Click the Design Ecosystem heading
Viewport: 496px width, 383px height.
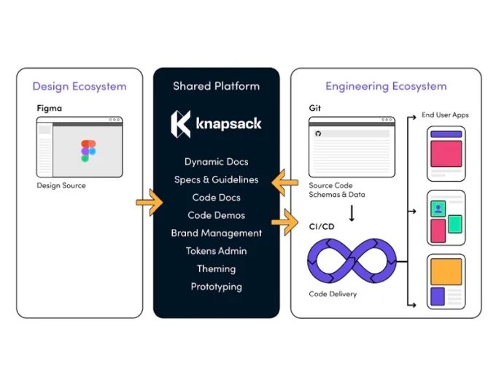(x=80, y=86)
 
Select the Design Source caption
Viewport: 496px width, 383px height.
(x=61, y=185)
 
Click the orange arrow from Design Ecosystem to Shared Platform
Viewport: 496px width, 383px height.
(x=150, y=202)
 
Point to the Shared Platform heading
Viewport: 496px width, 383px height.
(x=216, y=86)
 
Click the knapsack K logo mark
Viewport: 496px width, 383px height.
(x=180, y=123)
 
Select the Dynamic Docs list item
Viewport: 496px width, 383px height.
(x=216, y=161)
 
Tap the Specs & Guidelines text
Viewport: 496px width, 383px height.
(x=216, y=179)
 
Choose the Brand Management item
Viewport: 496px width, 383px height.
(x=216, y=233)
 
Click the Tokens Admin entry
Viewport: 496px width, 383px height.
(x=216, y=251)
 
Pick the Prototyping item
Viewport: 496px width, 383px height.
(x=216, y=287)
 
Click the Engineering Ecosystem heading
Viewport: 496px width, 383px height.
(x=386, y=86)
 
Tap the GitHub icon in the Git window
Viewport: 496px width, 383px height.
(x=318, y=135)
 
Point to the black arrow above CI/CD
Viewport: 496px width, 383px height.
(x=352, y=214)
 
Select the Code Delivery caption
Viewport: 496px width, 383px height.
(x=333, y=295)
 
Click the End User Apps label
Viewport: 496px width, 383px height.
(x=445, y=115)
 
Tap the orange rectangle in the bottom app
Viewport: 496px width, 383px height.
(x=446, y=272)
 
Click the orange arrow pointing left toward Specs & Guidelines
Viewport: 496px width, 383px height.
(x=285, y=184)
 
